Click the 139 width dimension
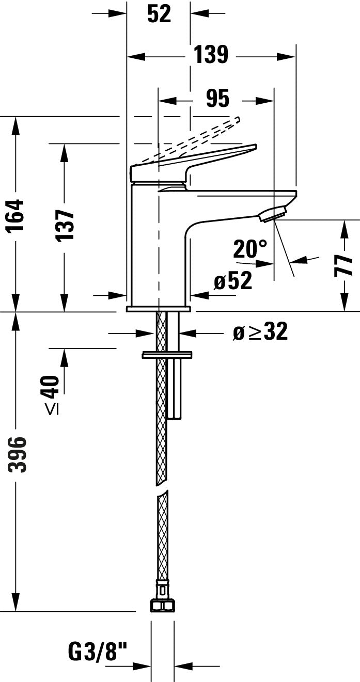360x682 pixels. pyautogui.click(x=211, y=54)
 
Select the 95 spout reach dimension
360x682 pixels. pyautogui.click(x=217, y=98)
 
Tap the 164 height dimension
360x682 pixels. pyautogui.click(x=17, y=215)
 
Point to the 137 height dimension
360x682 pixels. pyautogui.click(x=65, y=225)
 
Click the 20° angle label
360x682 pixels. pyautogui.click(x=250, y=249)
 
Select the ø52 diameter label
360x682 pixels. pyautogui.click(x=233, y=281)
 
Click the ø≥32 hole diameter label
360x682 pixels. pyautogui.click(x=260, y=332)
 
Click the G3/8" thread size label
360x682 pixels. pyautogui.click(x=98, y=652)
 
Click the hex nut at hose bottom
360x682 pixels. pyautogui.click(x=162, y=605)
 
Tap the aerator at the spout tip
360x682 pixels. pyautogui.click(x=272, y=214)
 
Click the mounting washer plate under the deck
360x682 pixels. pyautogui.click(x=167, y=355)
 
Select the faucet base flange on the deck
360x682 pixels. pyautogui.click(x=159, y=309)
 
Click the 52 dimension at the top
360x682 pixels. pyautogui.click(x=159, y=14)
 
